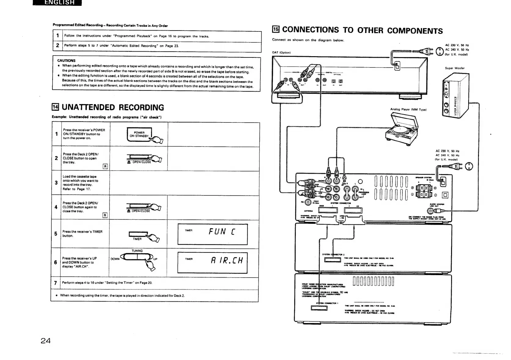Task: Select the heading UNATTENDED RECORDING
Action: tap(112, 107)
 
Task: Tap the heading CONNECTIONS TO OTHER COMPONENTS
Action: tap(362, 30)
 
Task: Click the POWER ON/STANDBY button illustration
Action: tap(139, 135)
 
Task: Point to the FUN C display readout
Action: tap(222, 232)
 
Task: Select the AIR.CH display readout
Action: tap(226, 261)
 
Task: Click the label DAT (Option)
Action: tap(281, 53)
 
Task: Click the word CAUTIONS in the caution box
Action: tap(66, 60)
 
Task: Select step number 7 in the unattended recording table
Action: tap(55, 283)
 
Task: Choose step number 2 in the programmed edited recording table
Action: tap(57, 46)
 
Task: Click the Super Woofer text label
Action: tap(455, 68)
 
